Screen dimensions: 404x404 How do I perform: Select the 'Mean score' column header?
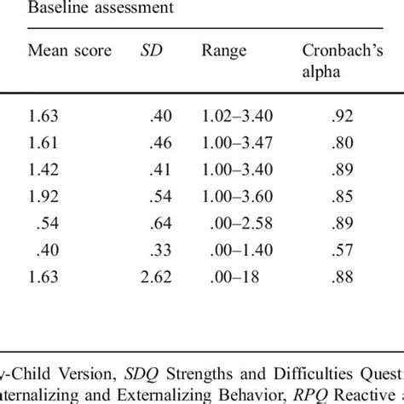[x=70, y=50]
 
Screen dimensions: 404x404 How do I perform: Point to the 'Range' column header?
[x=224, y=50]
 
